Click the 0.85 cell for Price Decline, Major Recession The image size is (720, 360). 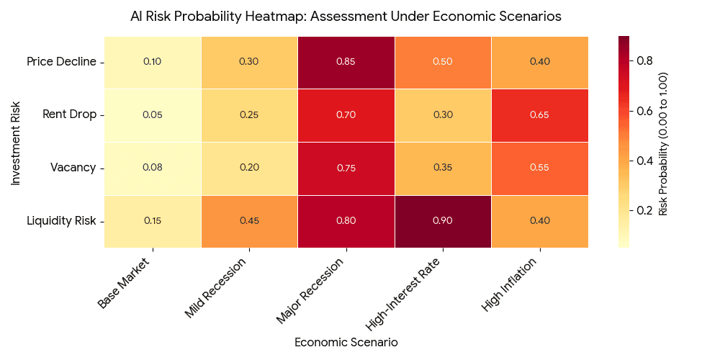tap(346, 62)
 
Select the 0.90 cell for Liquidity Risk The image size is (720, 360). tap(443, 221)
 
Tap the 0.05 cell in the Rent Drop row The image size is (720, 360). tap(152, 115)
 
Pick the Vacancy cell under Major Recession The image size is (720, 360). tap(346, 168)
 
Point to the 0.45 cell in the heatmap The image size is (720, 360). tap(249, 221)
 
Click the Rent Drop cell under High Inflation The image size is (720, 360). tap(539, 115)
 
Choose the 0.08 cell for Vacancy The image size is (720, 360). tap(152, 168)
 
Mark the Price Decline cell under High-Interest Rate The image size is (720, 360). tap(443, 62)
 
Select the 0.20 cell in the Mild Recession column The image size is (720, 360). tap(249, 168)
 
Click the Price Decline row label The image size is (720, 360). tap(61, 62)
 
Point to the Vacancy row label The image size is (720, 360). tap(73, 168)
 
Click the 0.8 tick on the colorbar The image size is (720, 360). tap(644, 61)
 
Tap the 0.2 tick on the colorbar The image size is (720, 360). tap(644, 210)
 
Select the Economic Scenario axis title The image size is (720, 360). tap(346, 342)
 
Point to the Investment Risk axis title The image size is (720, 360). tap(16, 142)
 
